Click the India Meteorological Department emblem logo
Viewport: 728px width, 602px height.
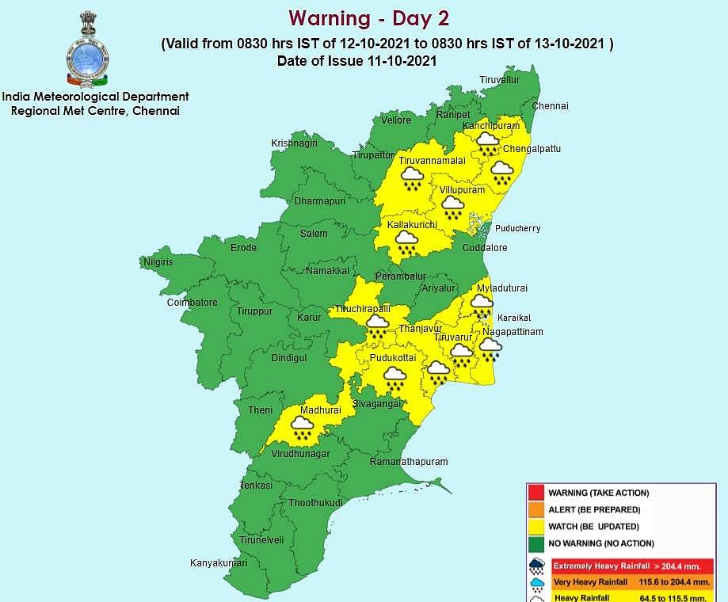(87, 49)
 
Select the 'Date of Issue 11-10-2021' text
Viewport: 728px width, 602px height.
(357, 61)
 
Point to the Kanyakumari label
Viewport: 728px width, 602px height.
(219, 563)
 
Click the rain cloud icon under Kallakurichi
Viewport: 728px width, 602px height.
(406, 242)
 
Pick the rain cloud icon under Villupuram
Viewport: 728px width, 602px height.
(453, 208)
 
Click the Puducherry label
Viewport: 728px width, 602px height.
(517, 228)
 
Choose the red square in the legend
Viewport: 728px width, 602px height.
(537, 493)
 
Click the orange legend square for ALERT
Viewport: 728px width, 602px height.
(537, 510)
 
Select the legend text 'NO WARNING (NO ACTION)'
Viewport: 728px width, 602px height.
(601, 543)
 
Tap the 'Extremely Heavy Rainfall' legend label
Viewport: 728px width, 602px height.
(601, 566)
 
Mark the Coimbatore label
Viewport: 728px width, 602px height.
(192, 303)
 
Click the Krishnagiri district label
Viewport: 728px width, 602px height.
(294, 143)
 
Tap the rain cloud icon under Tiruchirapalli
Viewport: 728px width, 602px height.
(376, 324)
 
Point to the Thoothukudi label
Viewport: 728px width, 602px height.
(314, 503)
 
